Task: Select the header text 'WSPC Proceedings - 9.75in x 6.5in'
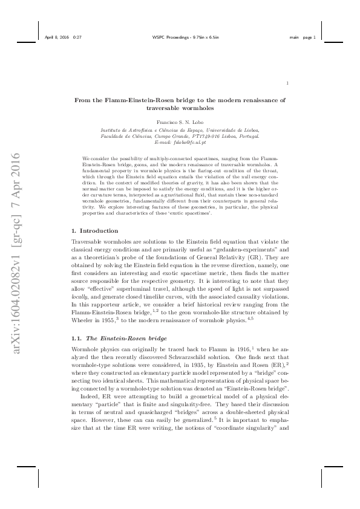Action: pos(180,37)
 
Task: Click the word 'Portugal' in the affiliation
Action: pos(247,137)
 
